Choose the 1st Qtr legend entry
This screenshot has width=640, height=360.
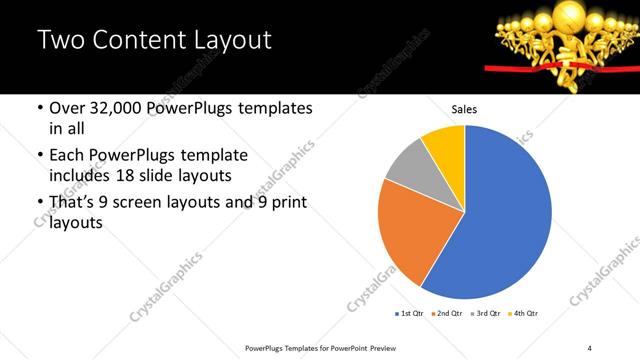(x=409, y=313)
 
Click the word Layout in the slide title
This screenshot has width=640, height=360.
(x=230, y=40)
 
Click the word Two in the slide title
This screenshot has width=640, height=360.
(x=59, y=40)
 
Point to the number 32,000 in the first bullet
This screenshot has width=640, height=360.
(x=117, y=107)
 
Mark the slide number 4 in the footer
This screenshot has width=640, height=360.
(x=589, y=347)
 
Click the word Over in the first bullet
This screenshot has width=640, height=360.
(x=68, y=107)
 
